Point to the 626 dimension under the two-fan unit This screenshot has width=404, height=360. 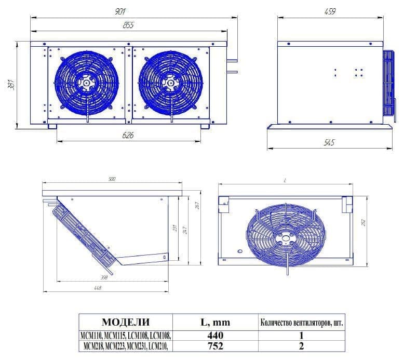pyautogui.click(x=128, y=136)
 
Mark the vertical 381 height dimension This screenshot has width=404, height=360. pyautogui.click(x=11, y=84)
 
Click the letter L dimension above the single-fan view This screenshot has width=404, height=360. pyautogui.click(x=286, y=180)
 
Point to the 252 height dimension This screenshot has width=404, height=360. pyautogui.click(x=363, y=222)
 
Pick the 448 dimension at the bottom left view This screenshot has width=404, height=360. pyautogui.click(x=97, y=288)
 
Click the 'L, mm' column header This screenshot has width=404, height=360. pyautogui.click(x=213, y=323)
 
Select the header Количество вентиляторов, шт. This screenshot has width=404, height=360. pyautogui.click(x=301, y=323)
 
